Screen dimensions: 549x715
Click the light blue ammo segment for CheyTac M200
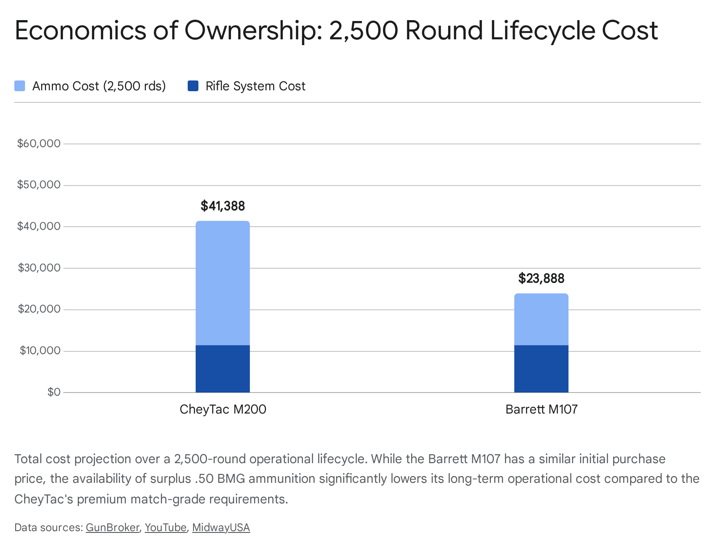point(223,283)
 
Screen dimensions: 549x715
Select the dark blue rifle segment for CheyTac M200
point(223,369)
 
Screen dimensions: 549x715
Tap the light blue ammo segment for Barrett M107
point(541,319)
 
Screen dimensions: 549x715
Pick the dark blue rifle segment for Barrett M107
point(541,369)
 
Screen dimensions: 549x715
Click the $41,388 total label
point(223,206)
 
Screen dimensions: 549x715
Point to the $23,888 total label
point(541,279)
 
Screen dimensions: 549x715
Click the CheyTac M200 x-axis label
point(223,409)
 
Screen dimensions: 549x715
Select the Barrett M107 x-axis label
point(541,409)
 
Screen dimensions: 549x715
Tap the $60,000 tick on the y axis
point(38,144)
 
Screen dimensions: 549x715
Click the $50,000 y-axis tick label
point(38,185)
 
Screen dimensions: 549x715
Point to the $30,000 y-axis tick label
point(38,268)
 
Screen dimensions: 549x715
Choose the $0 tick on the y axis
point(54,392)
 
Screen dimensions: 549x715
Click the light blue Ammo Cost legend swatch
point(20,86)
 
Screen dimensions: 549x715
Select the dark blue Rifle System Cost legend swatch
point(193,86)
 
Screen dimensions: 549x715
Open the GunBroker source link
point(113,528)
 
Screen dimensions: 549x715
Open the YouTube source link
point(165,528)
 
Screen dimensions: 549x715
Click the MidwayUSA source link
point(221,528)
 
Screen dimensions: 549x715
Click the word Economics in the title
point(80,30)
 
